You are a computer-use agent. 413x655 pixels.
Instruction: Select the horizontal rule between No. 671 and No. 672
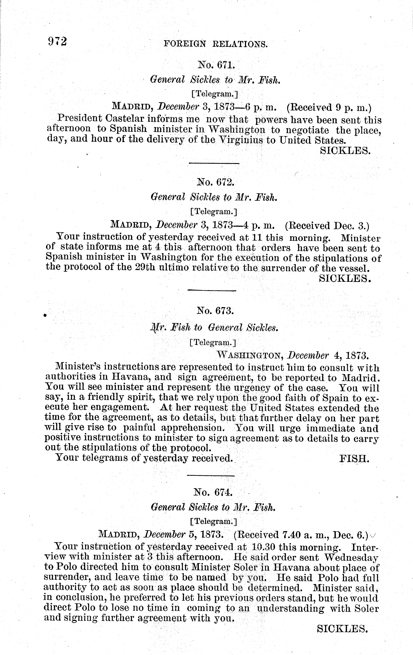[x=214, y=163]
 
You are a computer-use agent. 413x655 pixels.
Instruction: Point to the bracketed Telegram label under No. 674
[x=213, y=522]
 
